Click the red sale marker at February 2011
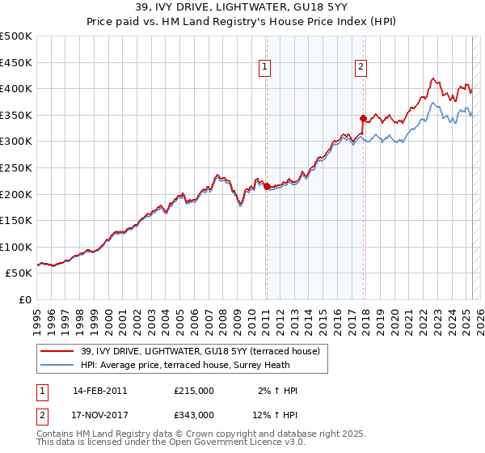point(267,187)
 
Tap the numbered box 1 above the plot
point(266,68)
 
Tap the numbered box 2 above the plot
point(361,68)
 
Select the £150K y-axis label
point(16,221)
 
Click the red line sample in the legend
point(56,351)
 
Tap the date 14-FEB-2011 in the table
point(99,391)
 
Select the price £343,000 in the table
point(194,414)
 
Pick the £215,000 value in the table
point(194,391)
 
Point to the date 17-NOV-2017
point(99,414)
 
